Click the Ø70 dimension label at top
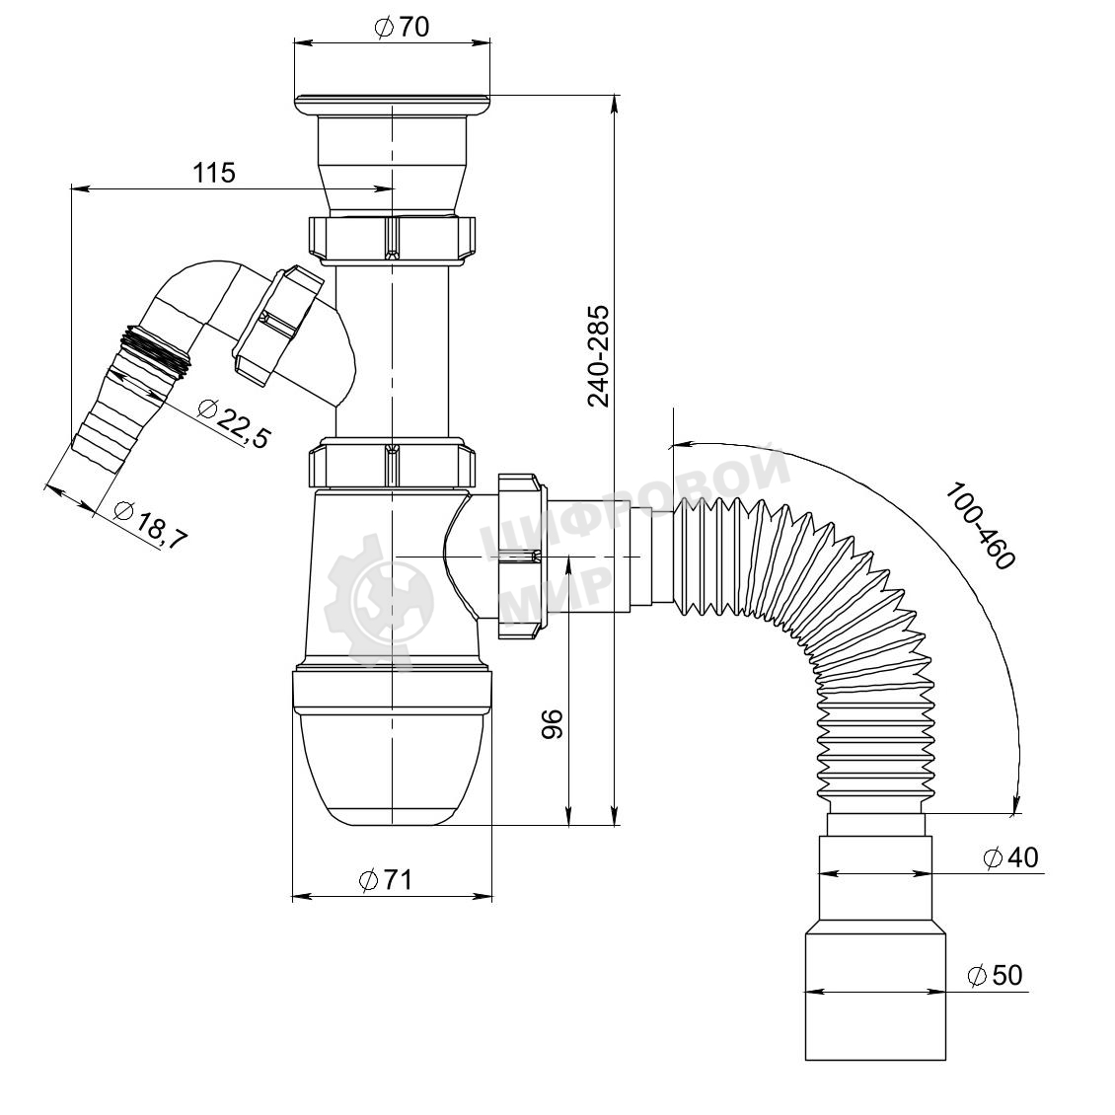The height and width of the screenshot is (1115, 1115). tap(401, 27)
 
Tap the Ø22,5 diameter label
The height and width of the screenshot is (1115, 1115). tap(234, 424)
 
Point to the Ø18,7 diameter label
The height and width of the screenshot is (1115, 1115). tap(150, 525)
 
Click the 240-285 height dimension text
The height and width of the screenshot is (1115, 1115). tap(599, 355)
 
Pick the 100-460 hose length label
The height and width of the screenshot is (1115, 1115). tap(980, 526)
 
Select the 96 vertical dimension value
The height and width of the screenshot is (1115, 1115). tap(553, 724)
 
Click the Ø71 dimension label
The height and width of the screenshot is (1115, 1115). tap(386, 880)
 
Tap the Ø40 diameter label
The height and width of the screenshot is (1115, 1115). tap(1010, 857)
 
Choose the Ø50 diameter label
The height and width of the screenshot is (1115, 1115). tap(995, 975)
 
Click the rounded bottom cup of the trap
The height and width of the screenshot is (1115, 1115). tap(392, 768)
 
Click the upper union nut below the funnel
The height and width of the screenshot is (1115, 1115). tap(392, 239)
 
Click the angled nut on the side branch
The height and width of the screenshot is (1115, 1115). tap(277, 325)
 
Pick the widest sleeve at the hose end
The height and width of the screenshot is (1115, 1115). tap(875, 998)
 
